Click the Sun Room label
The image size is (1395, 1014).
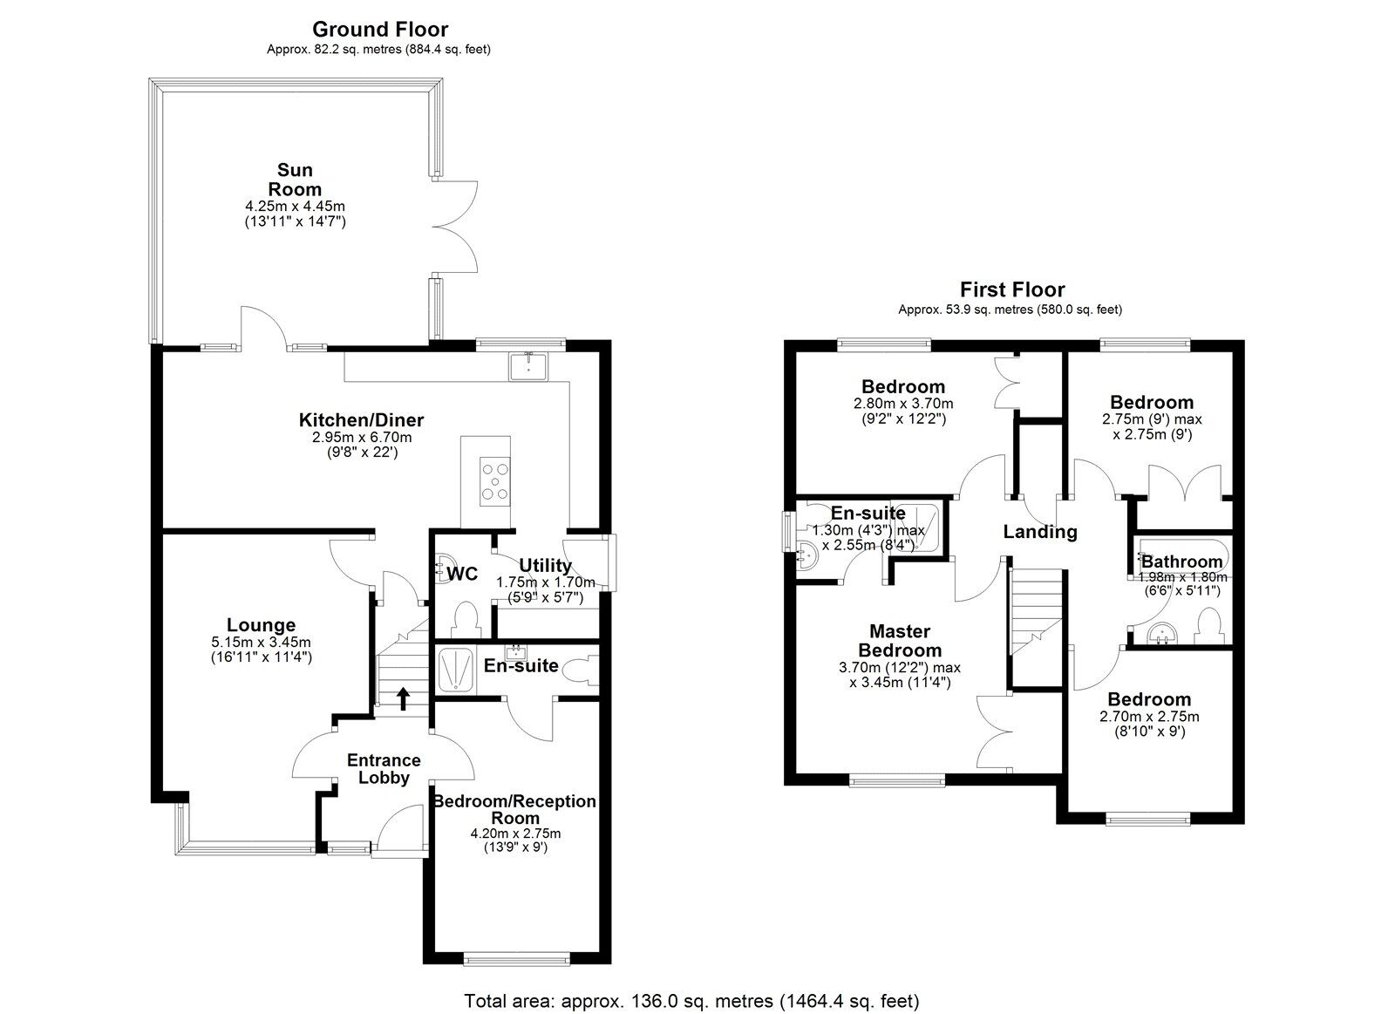[295, 180]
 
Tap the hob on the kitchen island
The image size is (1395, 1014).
[493, 481]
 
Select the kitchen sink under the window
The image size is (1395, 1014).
[527, 366]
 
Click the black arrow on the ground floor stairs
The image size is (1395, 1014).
[404, 698]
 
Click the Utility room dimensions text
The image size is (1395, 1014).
[545, 589]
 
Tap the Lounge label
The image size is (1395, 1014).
[261, 625]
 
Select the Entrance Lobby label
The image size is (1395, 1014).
[384, 769]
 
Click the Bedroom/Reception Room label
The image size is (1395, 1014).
[515, 809]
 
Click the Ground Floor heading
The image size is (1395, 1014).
[379, 30]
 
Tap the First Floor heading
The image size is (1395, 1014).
[1011, 289]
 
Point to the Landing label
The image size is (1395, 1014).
[1039, 532]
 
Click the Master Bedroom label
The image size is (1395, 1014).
[900, 641]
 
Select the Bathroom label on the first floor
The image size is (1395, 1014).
[1181, 561]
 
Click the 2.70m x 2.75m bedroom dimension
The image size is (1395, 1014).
[1148, 717]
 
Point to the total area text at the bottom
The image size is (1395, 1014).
[691, 1001]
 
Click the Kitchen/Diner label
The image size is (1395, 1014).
[361, 420]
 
